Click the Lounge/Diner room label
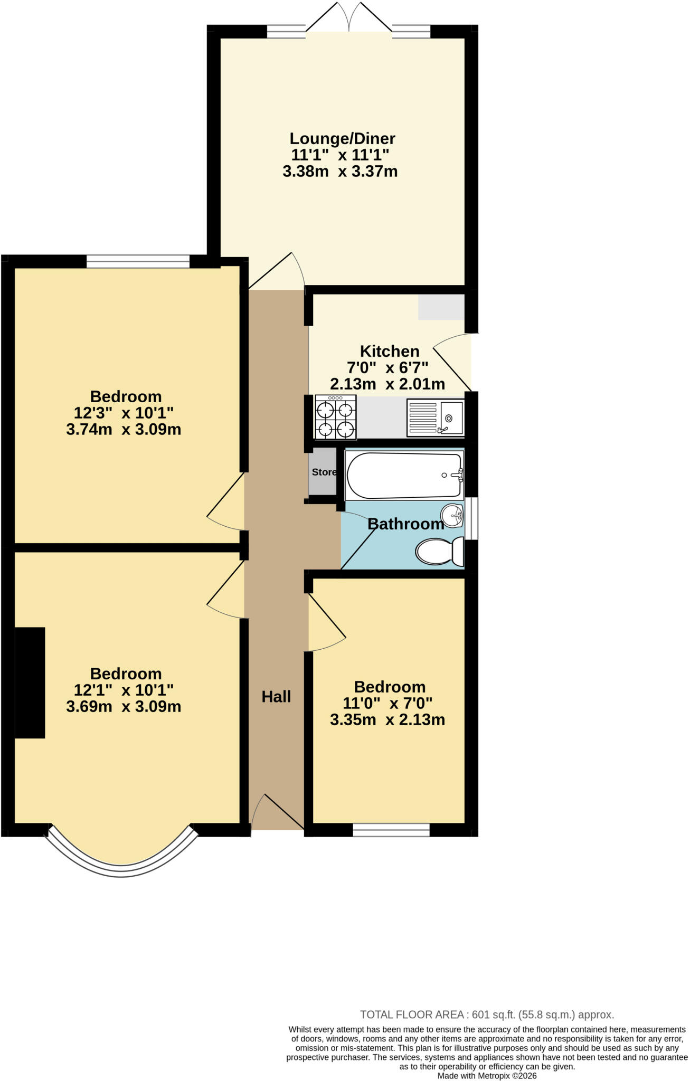tap(342, 139)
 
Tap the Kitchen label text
tap(390, 351)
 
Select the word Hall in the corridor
tap(276, 697)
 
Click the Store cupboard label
tap(324, 472)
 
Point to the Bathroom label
tap(405, 524)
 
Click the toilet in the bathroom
tap(439, 551)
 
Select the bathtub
tap(404, 475)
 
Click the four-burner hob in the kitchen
tap(335, 418)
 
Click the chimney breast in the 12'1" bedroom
tap(30, 682)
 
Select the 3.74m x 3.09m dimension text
tap(124, 429)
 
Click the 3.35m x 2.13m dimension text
tap(387, 719)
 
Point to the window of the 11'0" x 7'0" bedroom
tap(391, 830)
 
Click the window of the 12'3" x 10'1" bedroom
tap(138, 261)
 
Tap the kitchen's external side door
tap(452, 362)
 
